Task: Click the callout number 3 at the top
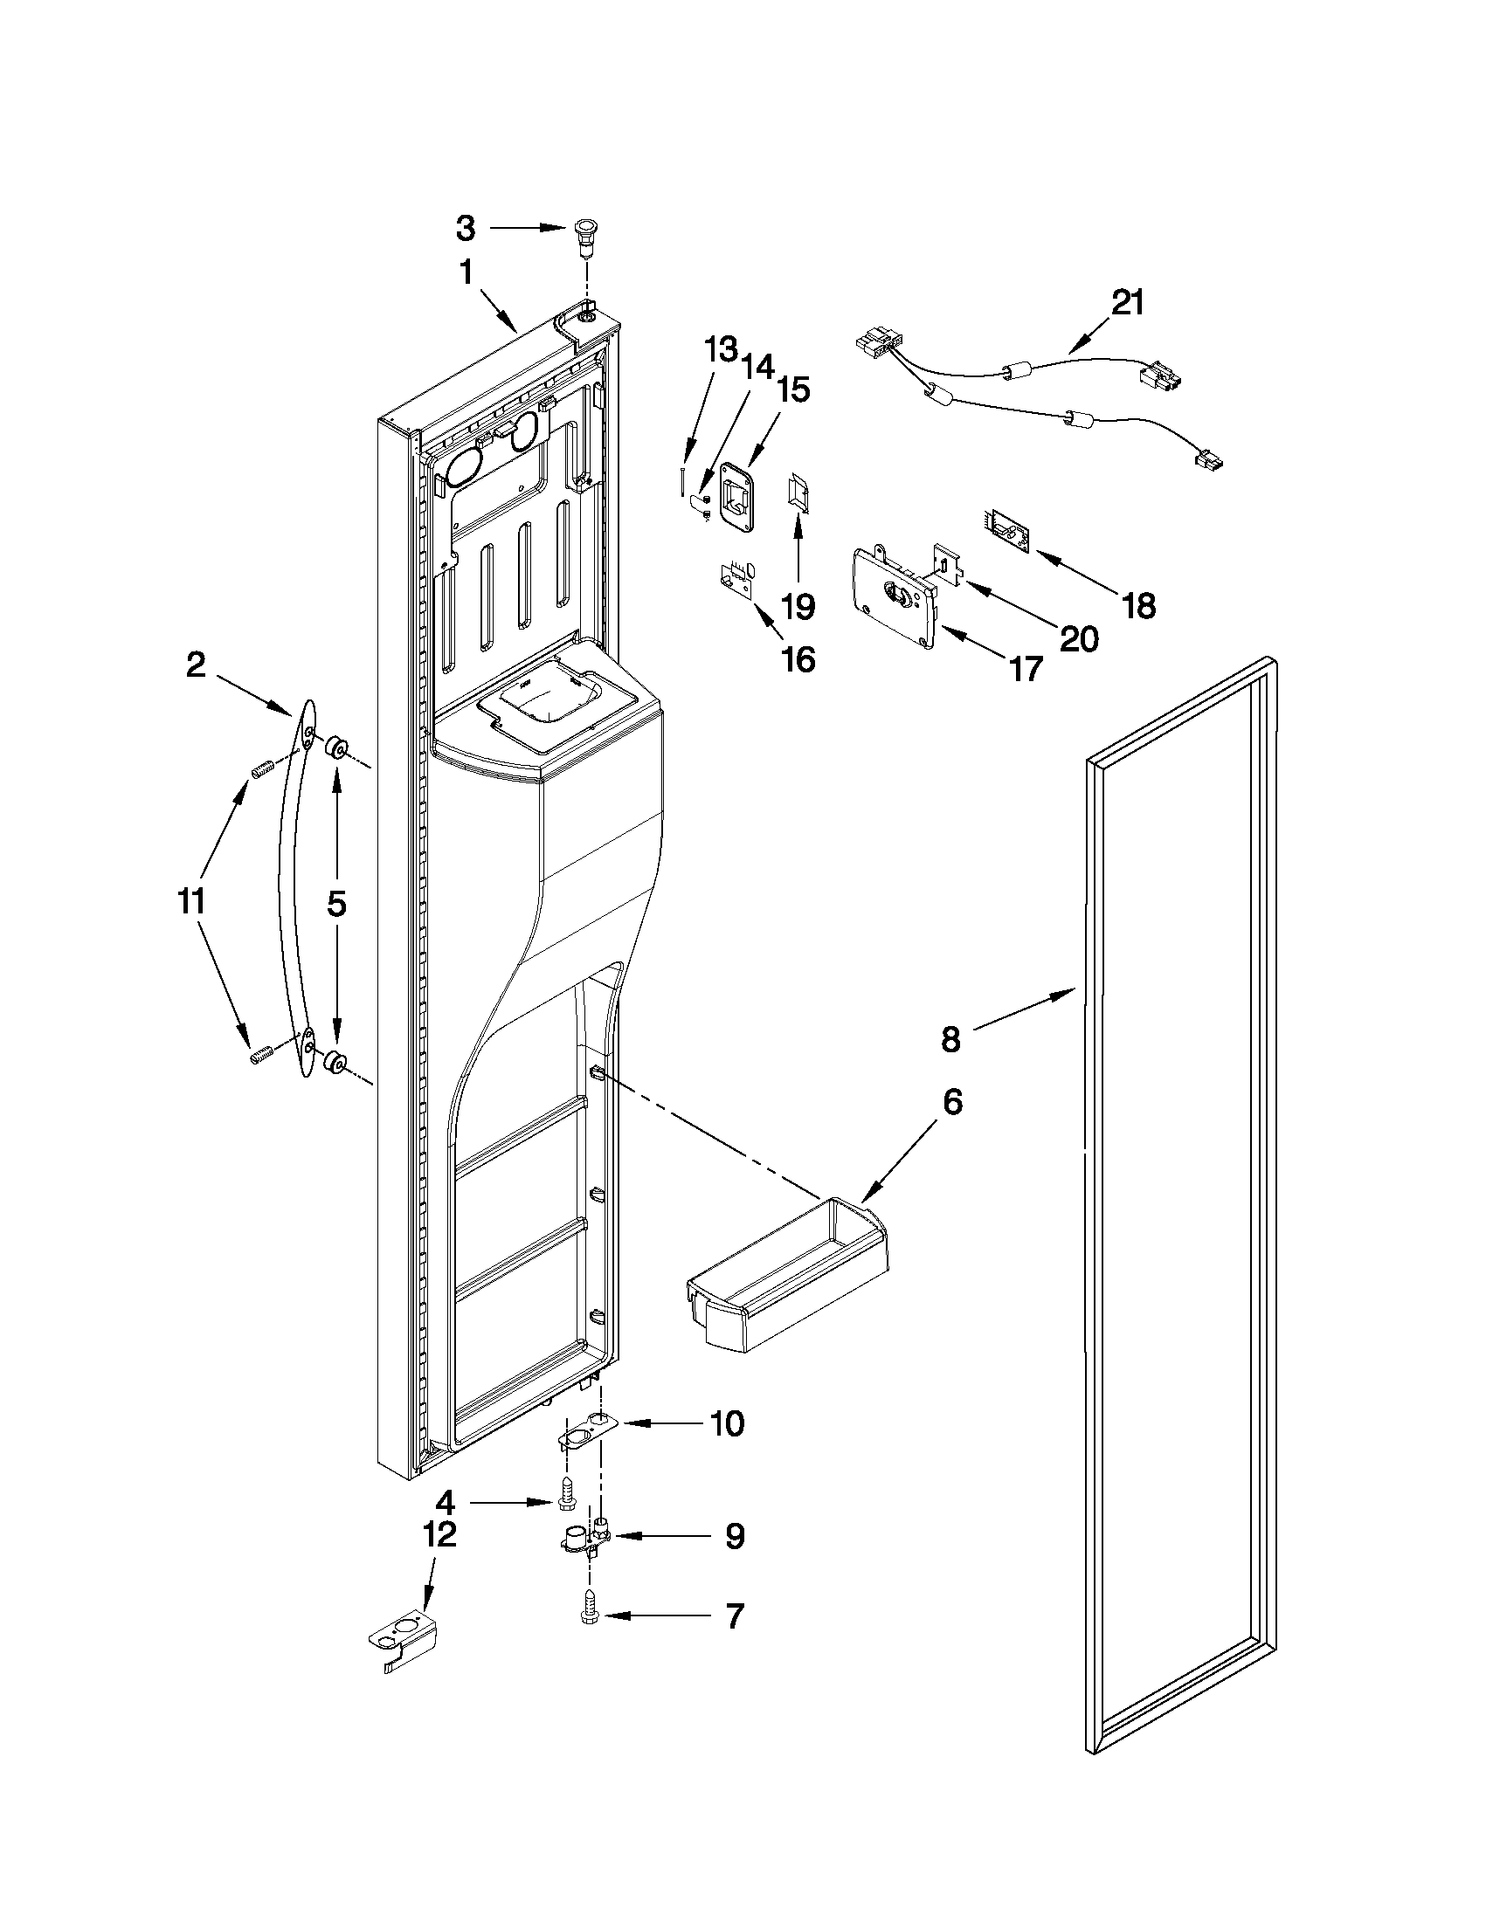tap(466, 229)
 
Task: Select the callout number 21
tap(1128, 303)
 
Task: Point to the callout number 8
tap(950, 1039)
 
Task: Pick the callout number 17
tap(1026, 670)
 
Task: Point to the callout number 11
tap(191, 901)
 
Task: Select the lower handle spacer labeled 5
tap(334, 1063)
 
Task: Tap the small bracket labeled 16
tap(736, 580)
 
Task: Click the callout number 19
tap(798, 605)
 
